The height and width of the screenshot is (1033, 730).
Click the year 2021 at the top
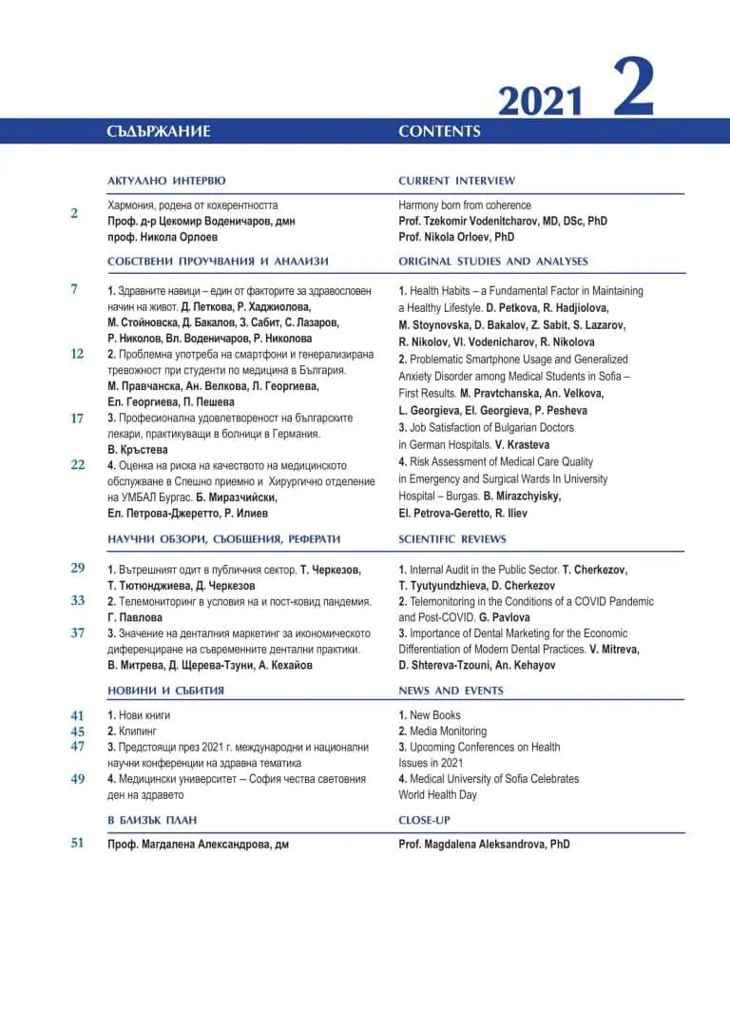coord(540,100)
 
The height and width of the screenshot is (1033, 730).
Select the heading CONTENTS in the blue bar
coord(439,131)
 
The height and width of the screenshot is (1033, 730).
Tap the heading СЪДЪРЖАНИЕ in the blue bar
coord(159,131)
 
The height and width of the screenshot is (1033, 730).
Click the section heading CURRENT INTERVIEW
coord(456,181)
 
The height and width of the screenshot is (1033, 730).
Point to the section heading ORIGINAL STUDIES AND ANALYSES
coord(493,261)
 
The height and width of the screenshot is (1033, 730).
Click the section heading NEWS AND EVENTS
coord(451,691)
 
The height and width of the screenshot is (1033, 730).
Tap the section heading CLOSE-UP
coord(424,820)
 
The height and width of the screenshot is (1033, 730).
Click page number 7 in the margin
coord(74,289)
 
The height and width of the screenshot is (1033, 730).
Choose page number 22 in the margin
coord(77,464)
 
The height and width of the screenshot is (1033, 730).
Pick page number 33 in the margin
coord(77,600)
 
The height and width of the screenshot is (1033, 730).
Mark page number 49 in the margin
coord(77,778)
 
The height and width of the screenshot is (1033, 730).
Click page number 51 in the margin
coord(77,842)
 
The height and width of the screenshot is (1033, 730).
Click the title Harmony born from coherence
coord(465,205)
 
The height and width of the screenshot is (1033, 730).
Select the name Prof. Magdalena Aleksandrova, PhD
coord(484,844)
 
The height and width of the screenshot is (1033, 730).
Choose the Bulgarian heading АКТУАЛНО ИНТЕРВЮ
coord(166,181)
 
